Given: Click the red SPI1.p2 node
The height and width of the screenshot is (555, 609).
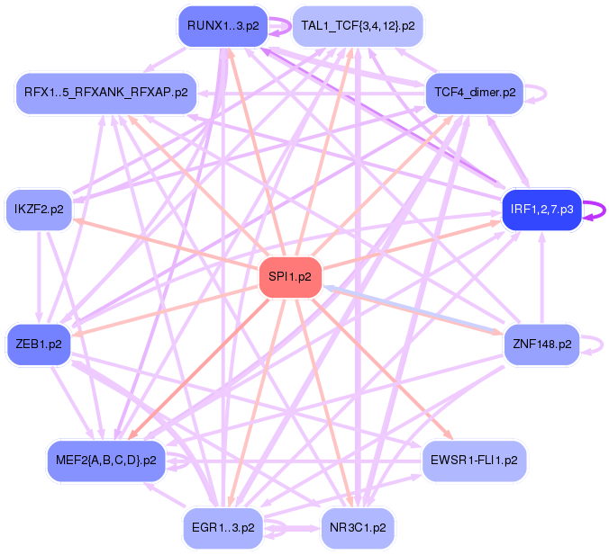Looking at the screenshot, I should pos(290,278).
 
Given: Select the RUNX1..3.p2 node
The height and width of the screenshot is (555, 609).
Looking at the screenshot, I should pos(223,25).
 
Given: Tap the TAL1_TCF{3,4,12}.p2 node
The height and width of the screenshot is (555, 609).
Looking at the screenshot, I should pos(358,26).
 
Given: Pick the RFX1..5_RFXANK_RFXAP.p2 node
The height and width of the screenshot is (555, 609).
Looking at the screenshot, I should pos(106,93).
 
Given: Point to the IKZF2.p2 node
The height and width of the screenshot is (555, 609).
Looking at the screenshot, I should pos(40,210).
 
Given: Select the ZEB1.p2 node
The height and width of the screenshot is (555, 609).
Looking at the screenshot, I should pos(40,344).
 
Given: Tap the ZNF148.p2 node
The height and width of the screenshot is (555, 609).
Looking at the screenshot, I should pos(541,344).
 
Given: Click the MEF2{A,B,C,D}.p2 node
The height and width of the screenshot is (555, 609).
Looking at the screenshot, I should pos(106,461).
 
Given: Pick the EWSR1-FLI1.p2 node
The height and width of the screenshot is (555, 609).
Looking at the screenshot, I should pos(475,461).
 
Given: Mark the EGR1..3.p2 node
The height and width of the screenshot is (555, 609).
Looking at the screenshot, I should pos(223,528).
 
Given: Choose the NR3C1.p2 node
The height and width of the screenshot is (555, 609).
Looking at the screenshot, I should pos(358,528).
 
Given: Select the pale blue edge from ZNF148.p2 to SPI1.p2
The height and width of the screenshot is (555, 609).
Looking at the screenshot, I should pos(414,309).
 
